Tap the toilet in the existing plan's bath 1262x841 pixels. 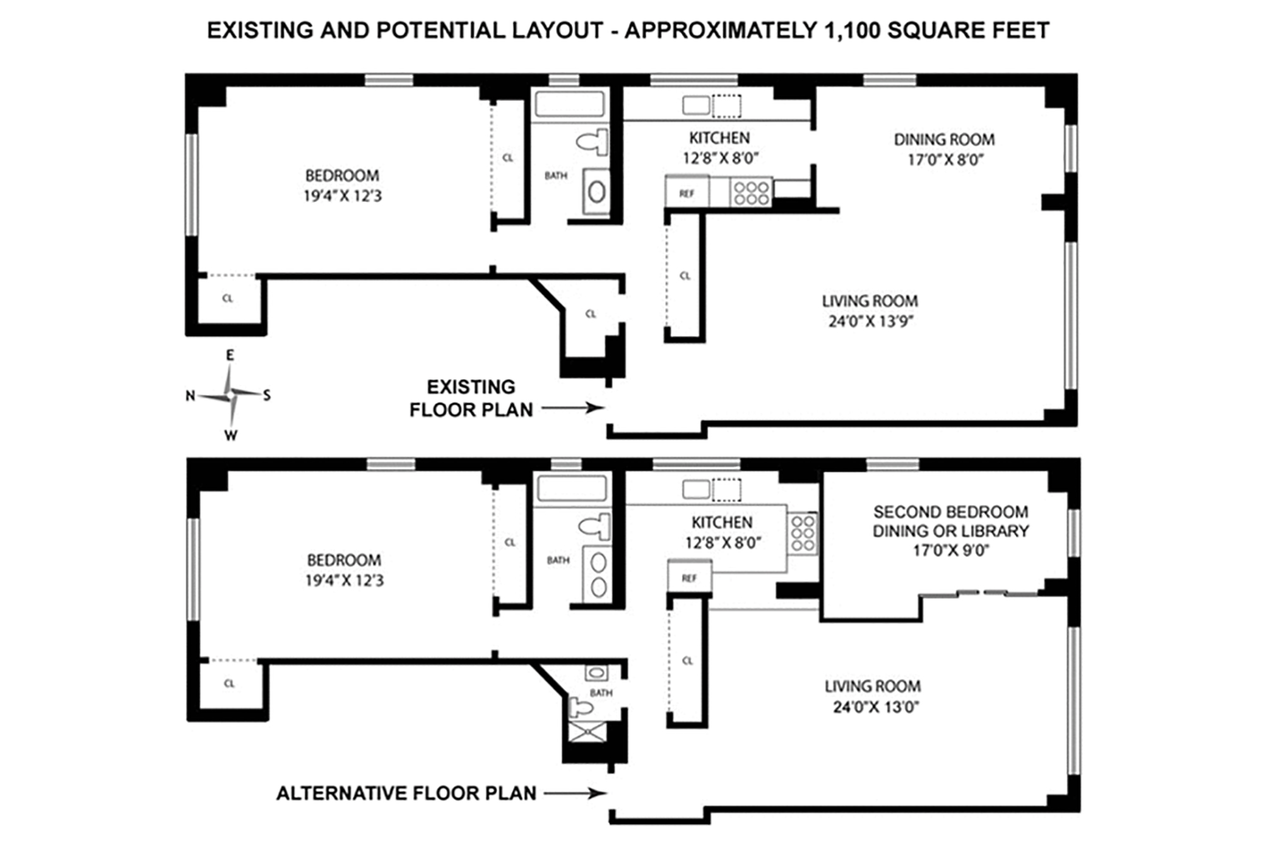pos(593,142)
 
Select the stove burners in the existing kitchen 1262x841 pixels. pos(751,192)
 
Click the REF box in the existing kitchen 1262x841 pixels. pos(687,193)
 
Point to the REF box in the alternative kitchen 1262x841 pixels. pos(690,577)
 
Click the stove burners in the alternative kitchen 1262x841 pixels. pos(803,533)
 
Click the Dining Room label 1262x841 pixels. pos(944,139)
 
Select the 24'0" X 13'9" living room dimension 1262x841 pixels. pos(871,321)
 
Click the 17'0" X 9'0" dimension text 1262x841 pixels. pos(951,550)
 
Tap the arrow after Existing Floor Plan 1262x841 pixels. pos(573,408)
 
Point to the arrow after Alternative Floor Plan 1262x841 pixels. pos(575,793)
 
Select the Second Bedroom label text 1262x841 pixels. pos(950,512)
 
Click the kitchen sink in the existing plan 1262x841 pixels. pos(696,105)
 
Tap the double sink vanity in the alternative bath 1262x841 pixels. pos(598,574)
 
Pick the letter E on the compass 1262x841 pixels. pos(230,355)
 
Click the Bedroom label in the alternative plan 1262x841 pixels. pos(344,560)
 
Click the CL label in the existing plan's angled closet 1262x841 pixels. pos(591,314)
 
